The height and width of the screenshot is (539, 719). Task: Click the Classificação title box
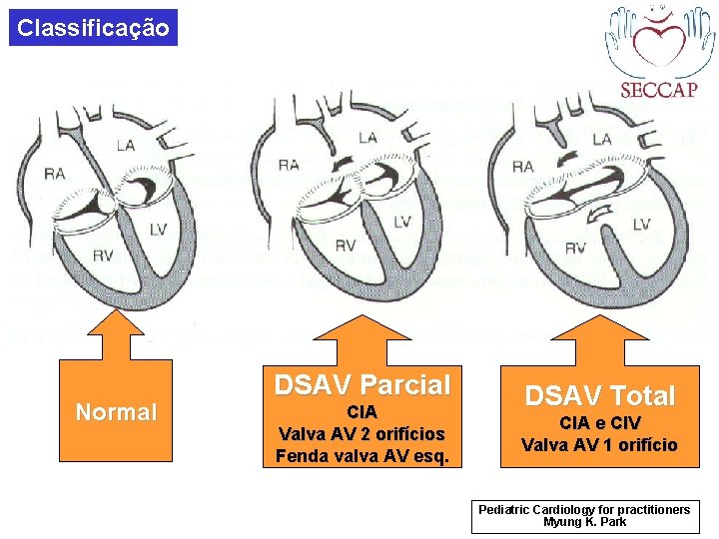[94, 27]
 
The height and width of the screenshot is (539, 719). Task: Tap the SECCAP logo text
[658, 89]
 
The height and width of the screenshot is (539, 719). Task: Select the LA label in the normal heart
[124, 146]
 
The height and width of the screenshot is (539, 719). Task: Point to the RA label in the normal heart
[55, 175]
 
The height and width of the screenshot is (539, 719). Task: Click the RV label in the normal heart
[103, 256]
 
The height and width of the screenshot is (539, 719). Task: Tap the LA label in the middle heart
[367, 137]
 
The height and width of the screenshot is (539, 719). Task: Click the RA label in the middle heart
[289, 164]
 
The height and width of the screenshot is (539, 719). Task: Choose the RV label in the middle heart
[345, 245]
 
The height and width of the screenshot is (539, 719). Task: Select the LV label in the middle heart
[402, 221]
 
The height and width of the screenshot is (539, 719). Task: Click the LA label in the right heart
[603, 139]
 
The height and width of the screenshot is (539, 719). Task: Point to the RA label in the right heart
[522, 166]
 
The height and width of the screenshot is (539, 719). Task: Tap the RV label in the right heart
[576, 248]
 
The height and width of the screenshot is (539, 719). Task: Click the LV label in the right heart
[640, 224]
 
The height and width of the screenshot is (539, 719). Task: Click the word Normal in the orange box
[117, 412]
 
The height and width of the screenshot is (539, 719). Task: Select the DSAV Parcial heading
[362, 384]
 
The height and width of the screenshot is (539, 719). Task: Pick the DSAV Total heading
[599, 395]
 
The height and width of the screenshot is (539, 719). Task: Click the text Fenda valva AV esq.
[362, 457]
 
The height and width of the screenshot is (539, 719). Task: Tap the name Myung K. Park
[584, 522]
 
